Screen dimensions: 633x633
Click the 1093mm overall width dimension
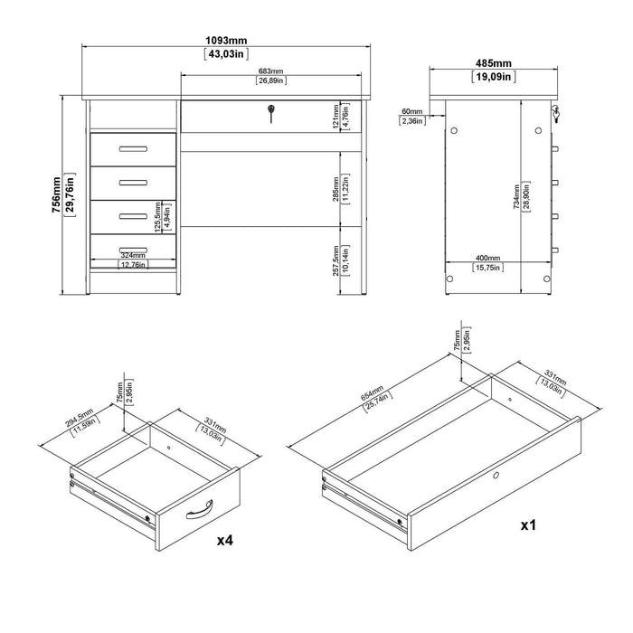pos(226,41)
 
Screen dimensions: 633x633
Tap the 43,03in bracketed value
pos(226,53)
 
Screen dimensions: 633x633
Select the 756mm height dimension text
pos(56,195)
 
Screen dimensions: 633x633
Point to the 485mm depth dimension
pos(494,63)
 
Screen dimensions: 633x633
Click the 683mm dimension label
pos(271,71)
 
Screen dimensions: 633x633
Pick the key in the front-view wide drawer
pos(271,113)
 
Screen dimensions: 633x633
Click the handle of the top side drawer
pos(133,149)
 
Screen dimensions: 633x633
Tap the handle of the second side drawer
pos(133,183)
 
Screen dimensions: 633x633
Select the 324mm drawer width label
pos(133,255)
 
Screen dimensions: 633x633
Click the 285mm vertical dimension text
pos(335,189)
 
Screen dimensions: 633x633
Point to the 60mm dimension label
pos(412,111)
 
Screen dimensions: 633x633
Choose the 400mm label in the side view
pos(487,258)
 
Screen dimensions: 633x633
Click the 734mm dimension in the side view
pos(516,196)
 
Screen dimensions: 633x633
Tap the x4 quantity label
pos(225,540)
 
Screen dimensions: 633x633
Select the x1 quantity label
pos(528,525)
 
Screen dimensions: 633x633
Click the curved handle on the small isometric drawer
pos(200,509)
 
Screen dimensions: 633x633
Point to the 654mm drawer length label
pos(372,394)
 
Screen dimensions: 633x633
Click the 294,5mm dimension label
pos(80,417)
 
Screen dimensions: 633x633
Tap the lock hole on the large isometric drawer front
pos(496,475)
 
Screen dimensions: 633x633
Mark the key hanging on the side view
pos(556,114)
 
